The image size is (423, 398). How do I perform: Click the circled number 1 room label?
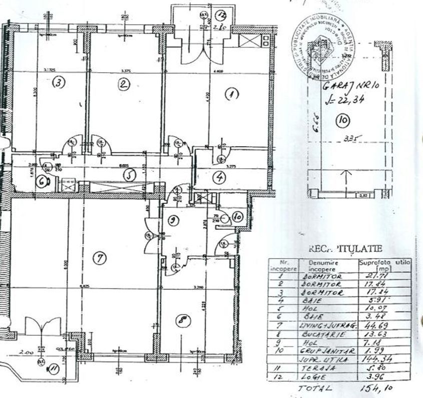231,94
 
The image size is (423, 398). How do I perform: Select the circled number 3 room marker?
60,83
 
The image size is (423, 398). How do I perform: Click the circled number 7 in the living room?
100,258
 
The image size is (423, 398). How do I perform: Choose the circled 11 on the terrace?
52,369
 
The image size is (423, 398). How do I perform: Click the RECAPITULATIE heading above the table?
345,248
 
